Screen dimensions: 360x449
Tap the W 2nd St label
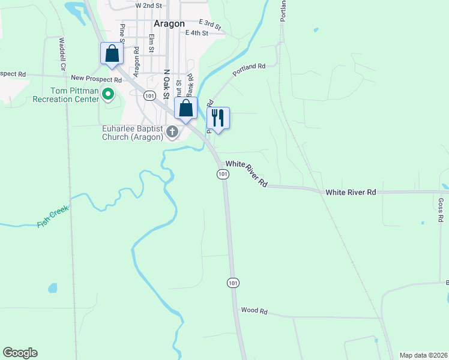(149, 5)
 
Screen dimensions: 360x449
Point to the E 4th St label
(196, 33)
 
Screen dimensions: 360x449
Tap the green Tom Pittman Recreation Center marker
(108, 94)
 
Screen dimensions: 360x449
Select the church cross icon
(172, 131)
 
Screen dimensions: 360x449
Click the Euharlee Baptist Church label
(133, 133)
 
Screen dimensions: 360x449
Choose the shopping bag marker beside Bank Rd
(185, 109)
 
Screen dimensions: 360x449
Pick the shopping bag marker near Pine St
(112, 54)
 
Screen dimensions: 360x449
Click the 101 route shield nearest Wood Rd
(234, 282)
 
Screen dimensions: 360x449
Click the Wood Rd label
(253, 311)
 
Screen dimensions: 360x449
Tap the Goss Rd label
(440, 211)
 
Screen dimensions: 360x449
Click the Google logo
(20, 353)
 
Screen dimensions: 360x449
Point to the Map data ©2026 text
(423, 355)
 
